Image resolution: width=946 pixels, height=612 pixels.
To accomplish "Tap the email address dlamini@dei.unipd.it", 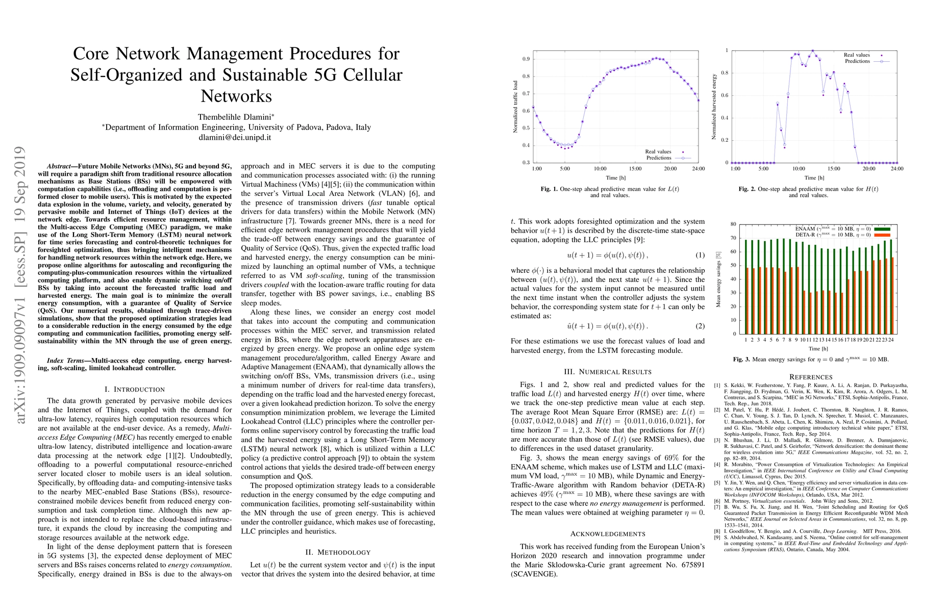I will coord(236,137).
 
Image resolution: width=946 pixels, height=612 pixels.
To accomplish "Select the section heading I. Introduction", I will coord(135,389).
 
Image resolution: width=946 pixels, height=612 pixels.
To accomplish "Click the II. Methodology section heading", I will coord(338,552).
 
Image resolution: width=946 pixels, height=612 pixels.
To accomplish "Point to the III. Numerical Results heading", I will coord(607,372).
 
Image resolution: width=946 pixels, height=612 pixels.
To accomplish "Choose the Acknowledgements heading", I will coord(607,534).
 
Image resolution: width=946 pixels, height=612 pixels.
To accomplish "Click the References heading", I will coord(810,377).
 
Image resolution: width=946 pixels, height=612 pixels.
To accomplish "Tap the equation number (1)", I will coord(700,255).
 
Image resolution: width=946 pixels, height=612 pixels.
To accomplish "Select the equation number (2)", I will coord(700,326).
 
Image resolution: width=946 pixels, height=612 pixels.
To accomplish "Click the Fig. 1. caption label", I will coord(549,189).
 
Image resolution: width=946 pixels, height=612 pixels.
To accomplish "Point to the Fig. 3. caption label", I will coord(741,360).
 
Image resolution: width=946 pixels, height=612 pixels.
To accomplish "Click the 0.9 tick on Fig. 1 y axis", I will coord(526,59).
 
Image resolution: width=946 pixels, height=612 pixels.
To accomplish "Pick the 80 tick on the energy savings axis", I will coord(733,224).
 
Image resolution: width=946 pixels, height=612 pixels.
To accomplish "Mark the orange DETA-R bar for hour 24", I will coord(893,296).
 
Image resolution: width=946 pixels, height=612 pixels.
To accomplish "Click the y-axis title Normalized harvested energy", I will coord(714,107).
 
